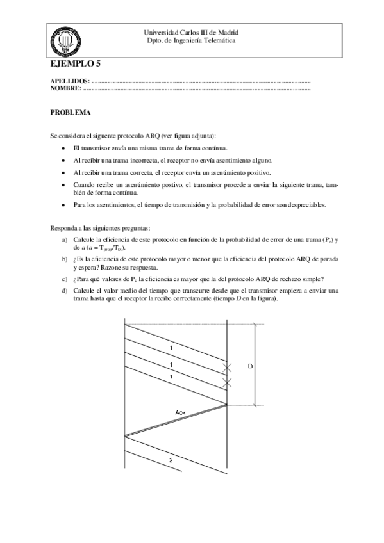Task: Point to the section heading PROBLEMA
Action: (x=71, y=113)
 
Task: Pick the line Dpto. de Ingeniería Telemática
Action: (x=192, y=40)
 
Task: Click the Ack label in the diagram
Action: (x=181, y=412)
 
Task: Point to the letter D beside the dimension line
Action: (x=250, y=366)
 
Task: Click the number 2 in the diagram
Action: (x=171, y=460)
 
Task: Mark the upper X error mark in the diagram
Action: (x=226, y=368)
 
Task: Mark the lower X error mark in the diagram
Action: (x=226, y=383)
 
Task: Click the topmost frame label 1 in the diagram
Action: (x=171, y=348)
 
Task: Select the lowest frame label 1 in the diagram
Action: (x=171, y=377)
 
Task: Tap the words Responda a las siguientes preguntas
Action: (x=100, y=227)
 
